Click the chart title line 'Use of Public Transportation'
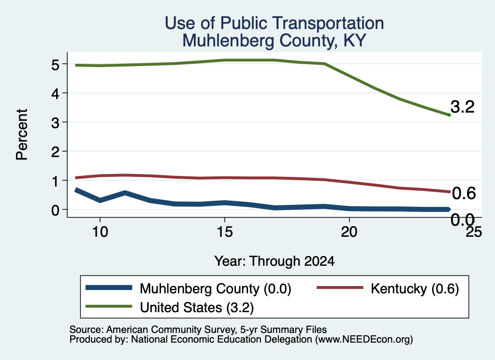[x=275, y=23]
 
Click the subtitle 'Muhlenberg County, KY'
[x=275, y=41]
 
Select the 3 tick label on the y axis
[x=55, y=123]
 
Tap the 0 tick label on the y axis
[x=55, y=210]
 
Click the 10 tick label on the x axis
[x=100, y=232]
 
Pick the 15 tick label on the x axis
[x=225, y=232]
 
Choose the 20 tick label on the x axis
[x=349, y=232]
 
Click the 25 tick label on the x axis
[x=474, y=232]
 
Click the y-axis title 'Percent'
[x=22, y=134]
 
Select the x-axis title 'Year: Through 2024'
[x=275, y=261]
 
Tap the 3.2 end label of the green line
[x=463, y=107]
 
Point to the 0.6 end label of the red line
[x=464, y=193]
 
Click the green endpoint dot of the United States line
[x=449, y=115]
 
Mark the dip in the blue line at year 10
[x=100, y=201]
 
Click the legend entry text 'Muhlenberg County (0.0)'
[x=216, y=288]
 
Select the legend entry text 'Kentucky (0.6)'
[x=415, y=288]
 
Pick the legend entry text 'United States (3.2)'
[x=197, y=308]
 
